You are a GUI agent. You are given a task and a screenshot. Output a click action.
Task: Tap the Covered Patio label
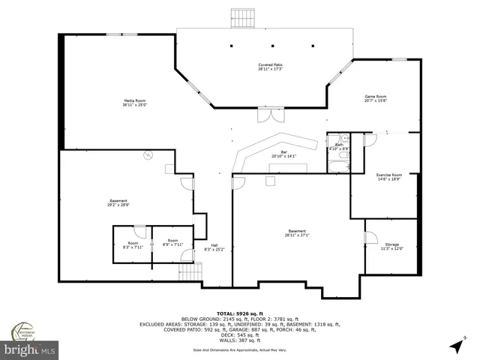[x=270, y=67]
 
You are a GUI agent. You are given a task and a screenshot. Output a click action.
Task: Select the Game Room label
[x=375, y=99]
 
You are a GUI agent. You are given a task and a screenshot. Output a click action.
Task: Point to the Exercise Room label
[x=388, y=177]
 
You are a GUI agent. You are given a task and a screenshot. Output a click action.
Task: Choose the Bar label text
[x=283, y=154]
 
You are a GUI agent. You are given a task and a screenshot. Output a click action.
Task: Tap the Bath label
[x=338, y=147]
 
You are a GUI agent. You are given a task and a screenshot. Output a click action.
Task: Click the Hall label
[x=214, y=247]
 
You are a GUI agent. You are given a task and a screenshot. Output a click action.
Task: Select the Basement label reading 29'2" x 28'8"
[x=118, y=202]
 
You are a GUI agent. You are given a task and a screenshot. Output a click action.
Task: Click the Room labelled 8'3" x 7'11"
[x=133, y=244]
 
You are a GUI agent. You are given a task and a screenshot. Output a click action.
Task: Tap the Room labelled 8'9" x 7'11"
[x=172, y=244]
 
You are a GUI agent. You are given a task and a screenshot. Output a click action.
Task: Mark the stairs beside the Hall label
[x=188, y=274]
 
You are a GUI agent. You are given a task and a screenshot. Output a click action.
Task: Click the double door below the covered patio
[x=265, y=116]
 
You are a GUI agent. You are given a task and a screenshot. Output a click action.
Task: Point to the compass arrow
[x=455, y=346]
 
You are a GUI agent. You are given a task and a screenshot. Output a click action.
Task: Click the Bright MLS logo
[x=30, y=349]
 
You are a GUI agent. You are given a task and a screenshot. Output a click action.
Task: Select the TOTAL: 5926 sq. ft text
[x=239, y=313]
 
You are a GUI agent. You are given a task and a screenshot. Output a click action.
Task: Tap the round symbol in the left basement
[x=148, y=155]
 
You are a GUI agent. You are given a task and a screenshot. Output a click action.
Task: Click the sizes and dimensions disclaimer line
[x=239, y=349]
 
